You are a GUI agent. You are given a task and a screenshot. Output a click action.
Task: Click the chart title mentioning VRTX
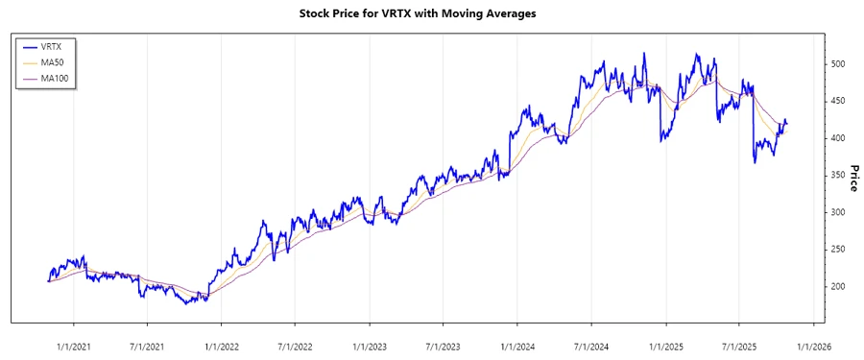click(x=432, y=13)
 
